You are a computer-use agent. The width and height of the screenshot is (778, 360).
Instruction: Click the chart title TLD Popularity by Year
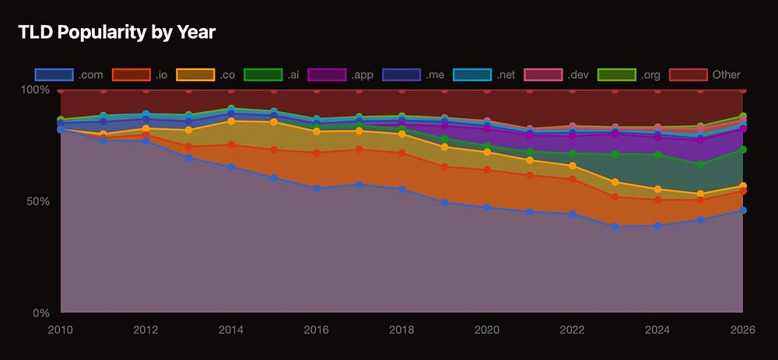[x=116, y=32]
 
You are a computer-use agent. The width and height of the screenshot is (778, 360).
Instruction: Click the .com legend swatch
[x=54, y=75]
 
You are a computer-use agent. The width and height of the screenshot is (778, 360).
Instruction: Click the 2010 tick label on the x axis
[x=61, y=329]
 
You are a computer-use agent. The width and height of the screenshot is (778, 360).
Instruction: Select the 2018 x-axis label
[x=401, y=329]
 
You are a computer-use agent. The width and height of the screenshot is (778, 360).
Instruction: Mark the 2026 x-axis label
[x=742, y=329]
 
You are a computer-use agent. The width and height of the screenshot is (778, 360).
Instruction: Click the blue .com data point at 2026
[x=743, y=210]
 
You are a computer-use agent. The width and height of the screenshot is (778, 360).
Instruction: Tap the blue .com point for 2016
[x=317, y=188]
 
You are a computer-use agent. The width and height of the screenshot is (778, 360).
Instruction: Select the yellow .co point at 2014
[x=231, y=121]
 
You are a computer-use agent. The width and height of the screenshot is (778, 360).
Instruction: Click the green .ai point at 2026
[x=743, y=149]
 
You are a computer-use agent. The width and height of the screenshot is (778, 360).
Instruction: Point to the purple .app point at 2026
[x=743, y=129]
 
